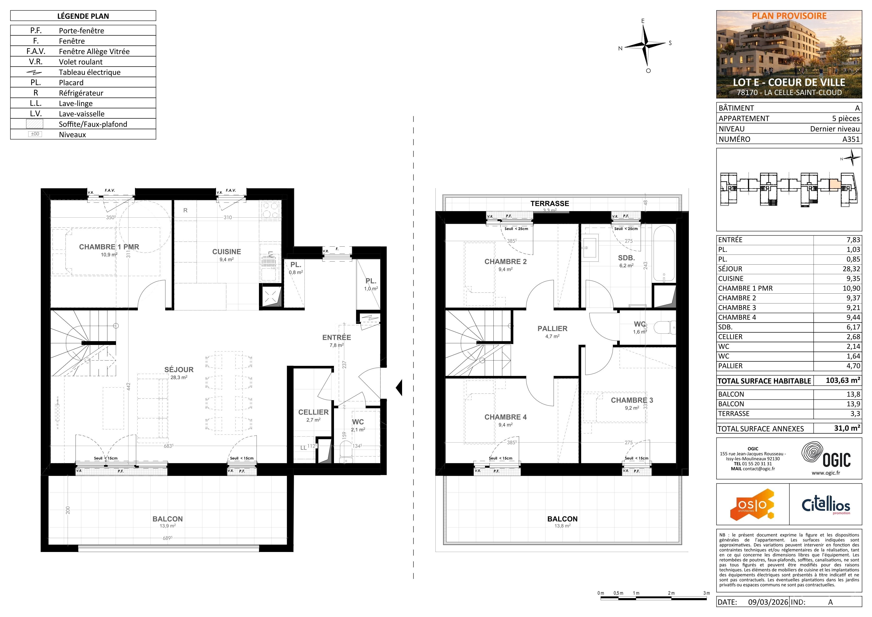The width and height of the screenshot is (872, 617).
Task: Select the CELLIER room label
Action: tap(313, 412)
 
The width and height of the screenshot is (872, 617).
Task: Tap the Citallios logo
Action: tap(826, 504)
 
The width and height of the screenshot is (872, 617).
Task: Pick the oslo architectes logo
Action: tap(752, 504)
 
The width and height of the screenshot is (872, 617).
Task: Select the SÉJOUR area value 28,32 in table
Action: tap(851, 269)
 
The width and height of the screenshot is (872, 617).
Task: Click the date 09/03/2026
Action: tap(768, 602)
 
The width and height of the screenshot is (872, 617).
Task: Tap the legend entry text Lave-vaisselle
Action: tap(82, 114)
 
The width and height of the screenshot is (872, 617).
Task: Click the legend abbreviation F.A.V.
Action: tap(36, 51)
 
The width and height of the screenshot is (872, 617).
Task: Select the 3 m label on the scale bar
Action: tap(706, 593)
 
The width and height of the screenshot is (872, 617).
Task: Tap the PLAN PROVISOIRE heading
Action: tap(789, 16)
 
